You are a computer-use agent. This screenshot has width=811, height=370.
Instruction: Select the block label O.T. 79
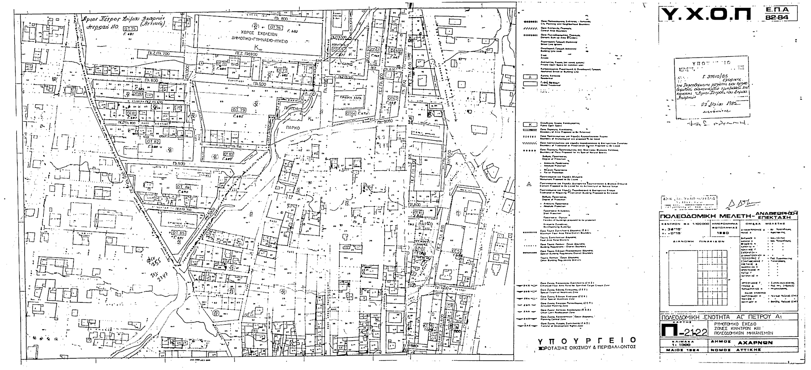(x=239, y=110)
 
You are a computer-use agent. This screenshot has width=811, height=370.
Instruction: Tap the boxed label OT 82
(x=153, y=142)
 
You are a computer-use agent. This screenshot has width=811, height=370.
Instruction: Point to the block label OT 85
(x=178, y=232)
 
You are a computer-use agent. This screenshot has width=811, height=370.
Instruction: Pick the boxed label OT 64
(x=350, y=113)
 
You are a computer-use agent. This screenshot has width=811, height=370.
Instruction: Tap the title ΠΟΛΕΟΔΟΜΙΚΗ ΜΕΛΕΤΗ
(x=711, y=216)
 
